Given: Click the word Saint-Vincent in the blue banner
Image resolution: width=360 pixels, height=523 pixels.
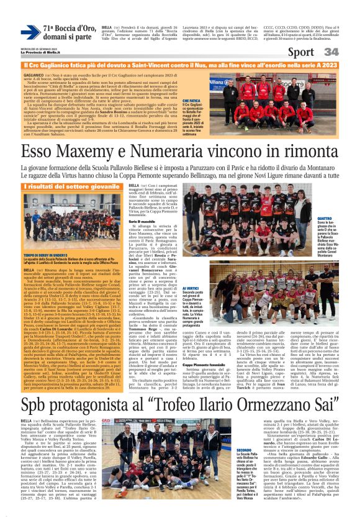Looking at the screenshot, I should (153, 64).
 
